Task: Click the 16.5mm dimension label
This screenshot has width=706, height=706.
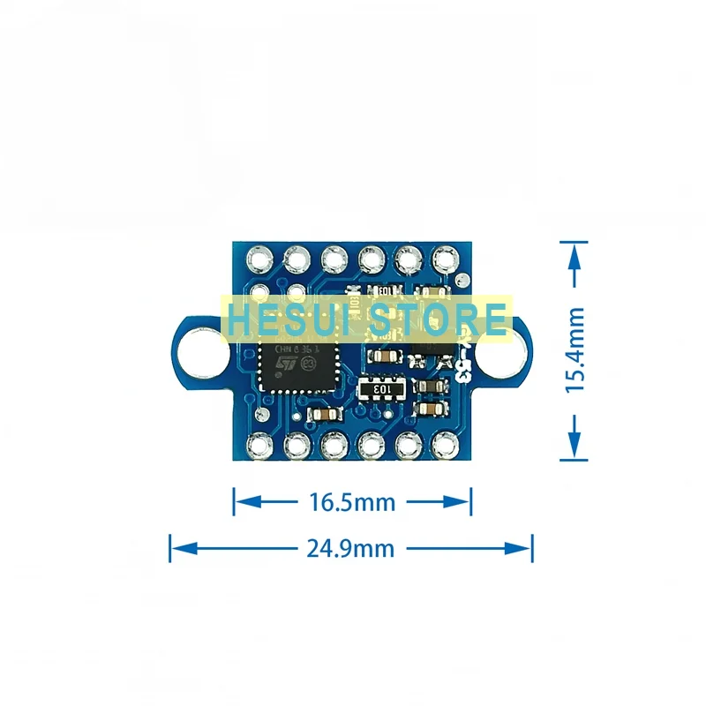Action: (350, 502)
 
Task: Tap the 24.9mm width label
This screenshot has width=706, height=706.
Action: (350, 548)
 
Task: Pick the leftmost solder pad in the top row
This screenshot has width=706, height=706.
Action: (260, 259)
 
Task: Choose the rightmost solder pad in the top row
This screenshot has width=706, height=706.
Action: (443, 259)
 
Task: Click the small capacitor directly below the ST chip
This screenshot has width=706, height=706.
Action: (322, 415)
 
